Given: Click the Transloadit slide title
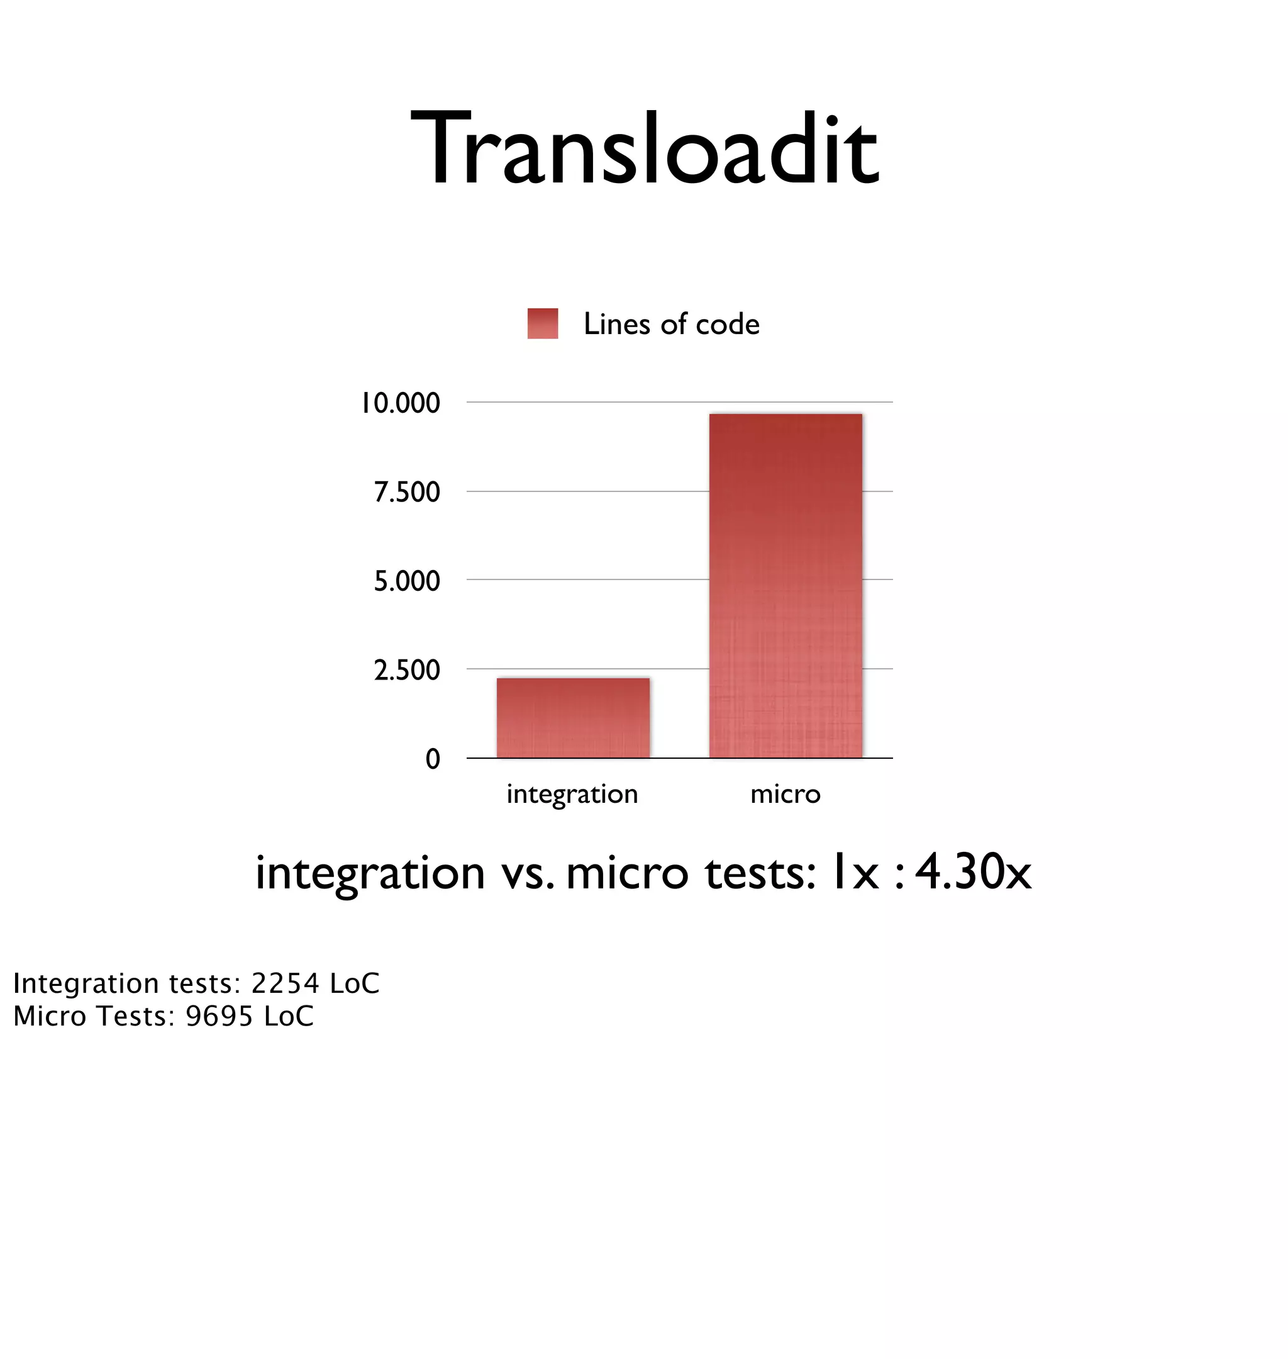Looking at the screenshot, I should point(644,150).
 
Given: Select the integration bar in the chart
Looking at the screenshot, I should point(572,718).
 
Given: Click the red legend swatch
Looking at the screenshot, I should point(542,323).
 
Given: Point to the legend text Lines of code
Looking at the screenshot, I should point(671,324).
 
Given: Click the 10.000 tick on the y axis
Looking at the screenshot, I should point(400,403).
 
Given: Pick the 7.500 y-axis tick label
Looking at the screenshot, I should point(406,493).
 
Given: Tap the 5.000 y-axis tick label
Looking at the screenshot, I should point(406,581).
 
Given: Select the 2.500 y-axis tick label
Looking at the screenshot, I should point(406,670).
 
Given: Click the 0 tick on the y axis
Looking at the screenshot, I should point(433,759).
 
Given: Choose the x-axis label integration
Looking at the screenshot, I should point(572,795).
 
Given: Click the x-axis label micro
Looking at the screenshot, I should point(786,795).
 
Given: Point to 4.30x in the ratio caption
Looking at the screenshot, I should point(973,872).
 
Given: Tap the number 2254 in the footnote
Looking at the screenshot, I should point(285,983).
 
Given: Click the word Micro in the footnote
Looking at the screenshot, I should point(50,1016).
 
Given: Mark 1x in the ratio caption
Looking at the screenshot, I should point(853,873).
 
